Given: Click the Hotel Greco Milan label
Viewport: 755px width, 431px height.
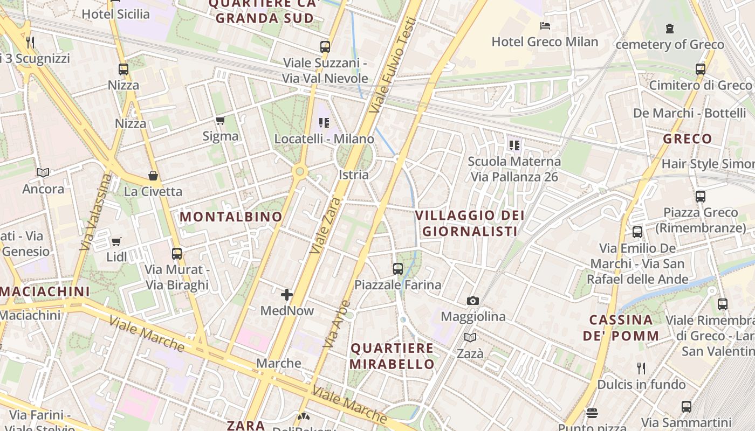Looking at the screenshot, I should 545,42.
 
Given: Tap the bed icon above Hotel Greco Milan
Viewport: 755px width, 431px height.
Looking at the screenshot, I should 545,25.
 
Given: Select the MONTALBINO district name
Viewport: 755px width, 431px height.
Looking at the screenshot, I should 231,217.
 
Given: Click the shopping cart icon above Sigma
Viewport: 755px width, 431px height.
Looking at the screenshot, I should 220,120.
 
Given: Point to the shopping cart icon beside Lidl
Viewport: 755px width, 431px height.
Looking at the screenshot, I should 116,241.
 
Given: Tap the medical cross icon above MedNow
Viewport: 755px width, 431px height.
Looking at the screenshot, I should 287,295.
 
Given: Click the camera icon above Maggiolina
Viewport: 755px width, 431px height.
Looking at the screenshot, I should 473,301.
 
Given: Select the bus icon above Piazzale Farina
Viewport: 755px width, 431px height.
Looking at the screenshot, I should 398,268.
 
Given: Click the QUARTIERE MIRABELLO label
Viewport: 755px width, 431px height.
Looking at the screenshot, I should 392,356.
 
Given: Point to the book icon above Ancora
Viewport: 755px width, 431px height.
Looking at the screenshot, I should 43,173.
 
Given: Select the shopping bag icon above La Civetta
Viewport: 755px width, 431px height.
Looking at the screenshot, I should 153,176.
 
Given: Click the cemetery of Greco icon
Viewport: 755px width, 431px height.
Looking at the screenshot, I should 669,28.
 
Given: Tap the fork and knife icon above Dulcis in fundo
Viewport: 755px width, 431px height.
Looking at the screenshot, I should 641,369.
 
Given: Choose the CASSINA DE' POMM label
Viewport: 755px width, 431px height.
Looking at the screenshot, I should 621,328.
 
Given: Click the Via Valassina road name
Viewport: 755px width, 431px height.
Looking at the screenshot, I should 95,212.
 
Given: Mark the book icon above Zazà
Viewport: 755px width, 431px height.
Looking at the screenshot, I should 470,338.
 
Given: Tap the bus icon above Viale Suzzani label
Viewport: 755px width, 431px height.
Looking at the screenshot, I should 325,47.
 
